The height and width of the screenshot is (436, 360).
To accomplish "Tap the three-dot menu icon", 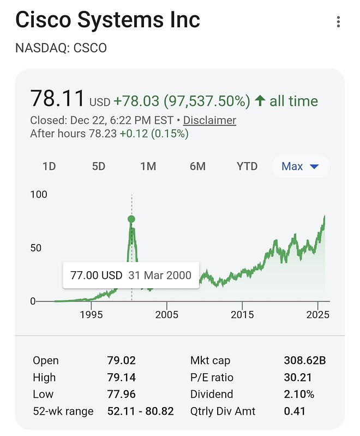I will click(x=339, y=22).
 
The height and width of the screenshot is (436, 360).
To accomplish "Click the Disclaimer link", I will click(x=209, y=120).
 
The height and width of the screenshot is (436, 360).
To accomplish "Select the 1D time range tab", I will click(x=49, y=166).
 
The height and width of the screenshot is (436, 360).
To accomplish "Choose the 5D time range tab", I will click(x=99, y=166).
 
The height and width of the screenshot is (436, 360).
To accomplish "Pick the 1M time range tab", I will click(x=148, y=166).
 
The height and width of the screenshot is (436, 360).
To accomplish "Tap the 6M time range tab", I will click(x=197, y=166).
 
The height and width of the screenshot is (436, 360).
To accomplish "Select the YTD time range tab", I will click(x=247, y=166).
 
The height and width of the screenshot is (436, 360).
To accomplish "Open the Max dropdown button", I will click(x=300, y=166).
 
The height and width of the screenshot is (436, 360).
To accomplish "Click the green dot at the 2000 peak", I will click(x=131, y=219).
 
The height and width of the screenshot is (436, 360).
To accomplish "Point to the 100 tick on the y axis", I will click(x=39, y=194).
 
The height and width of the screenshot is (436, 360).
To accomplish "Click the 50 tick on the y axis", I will click(x=35, y=248).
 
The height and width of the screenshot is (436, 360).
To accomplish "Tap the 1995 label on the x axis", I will click(x=91, y=315).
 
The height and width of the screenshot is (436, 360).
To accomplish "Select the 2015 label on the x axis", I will click(x=242, y=315).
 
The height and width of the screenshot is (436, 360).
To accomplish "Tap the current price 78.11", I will click(x=57, y=99).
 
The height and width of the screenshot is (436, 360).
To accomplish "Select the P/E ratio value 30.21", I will click(x=297, y=378).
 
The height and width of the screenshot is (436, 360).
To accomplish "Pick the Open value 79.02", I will click(x=121, y=361).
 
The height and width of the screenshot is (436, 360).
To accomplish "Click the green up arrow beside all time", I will click(x=260, y=101).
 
